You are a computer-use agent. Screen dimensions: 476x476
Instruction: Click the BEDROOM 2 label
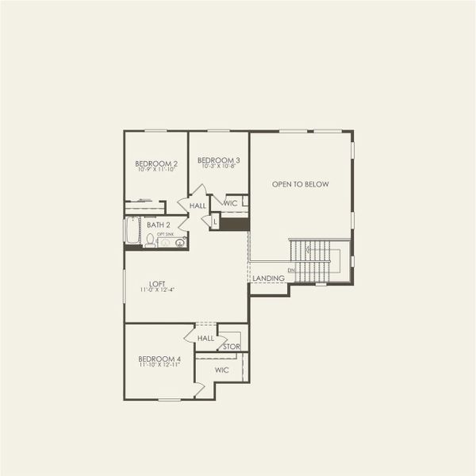pos(156,163)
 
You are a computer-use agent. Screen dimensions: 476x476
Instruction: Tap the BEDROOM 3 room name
pos(220,159)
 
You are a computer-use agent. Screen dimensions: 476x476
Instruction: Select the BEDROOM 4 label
pos(159,359)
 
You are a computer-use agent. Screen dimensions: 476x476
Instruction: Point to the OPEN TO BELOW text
pos(300,184)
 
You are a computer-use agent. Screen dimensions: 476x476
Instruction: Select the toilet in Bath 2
pos(150,240)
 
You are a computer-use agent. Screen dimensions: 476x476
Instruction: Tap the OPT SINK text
pos(164,234)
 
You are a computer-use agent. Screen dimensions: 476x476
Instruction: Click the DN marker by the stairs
pos(291,271)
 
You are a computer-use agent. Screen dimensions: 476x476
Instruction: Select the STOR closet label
pos(231,347)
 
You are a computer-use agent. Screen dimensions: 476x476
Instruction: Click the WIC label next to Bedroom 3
pos(231,204)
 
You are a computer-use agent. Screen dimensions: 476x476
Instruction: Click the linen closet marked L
pos(215,222)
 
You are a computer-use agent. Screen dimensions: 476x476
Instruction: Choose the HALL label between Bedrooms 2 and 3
pos(198,205)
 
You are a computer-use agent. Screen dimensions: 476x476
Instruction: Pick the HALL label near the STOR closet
pos(205,338)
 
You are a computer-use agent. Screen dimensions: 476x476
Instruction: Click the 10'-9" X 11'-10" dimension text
pos(156,170)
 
